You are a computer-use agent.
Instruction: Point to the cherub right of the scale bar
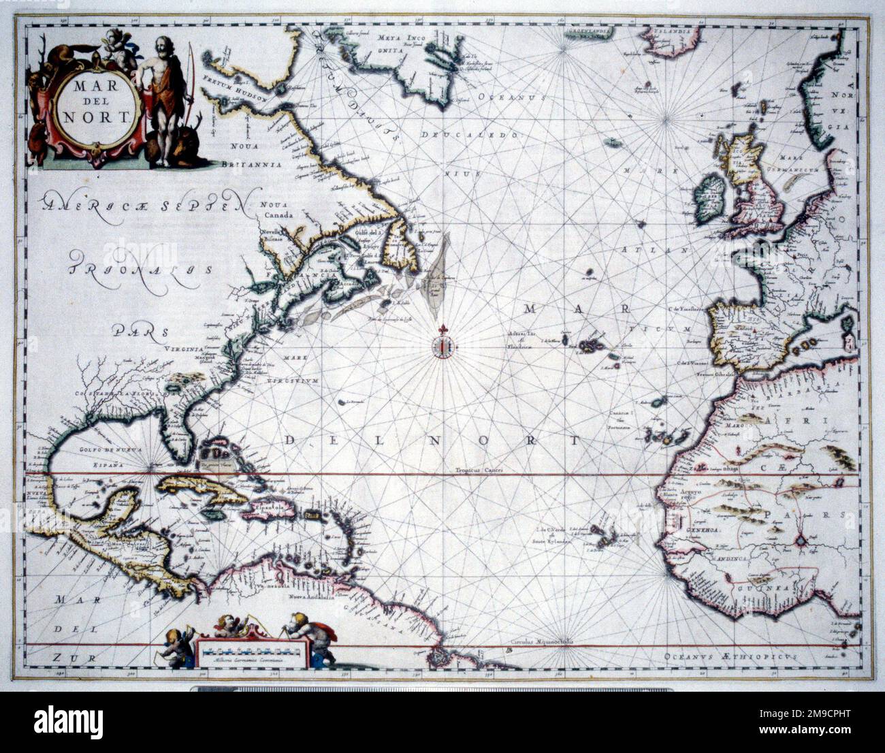click(x=305, y=633)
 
